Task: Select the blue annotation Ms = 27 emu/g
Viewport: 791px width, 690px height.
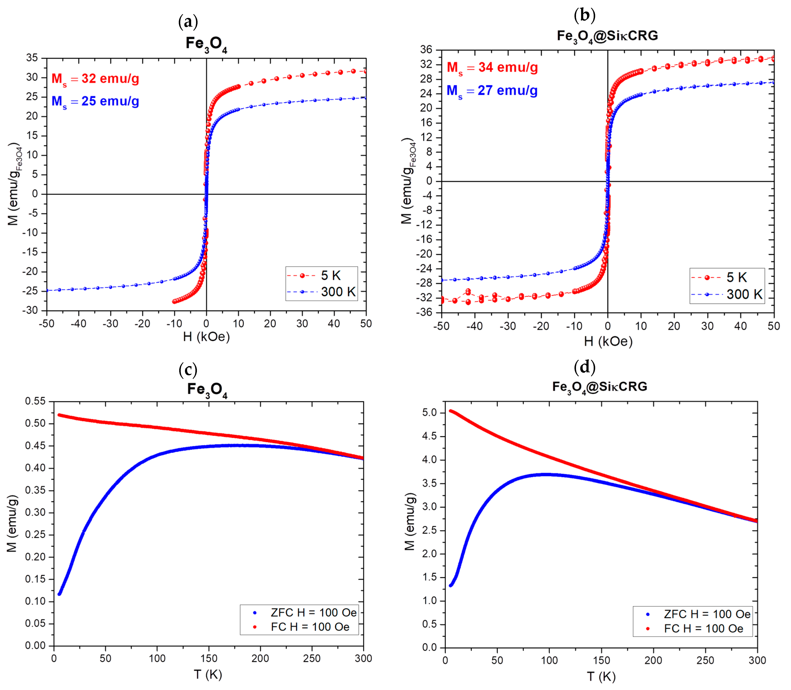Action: point(492,90)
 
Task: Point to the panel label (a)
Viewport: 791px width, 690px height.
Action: point(188,22)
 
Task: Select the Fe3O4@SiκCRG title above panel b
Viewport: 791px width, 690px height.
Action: point(607,36)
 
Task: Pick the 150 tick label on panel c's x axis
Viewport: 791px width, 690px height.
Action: point(209,658)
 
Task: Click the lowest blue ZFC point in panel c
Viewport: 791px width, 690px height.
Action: point(59,594)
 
